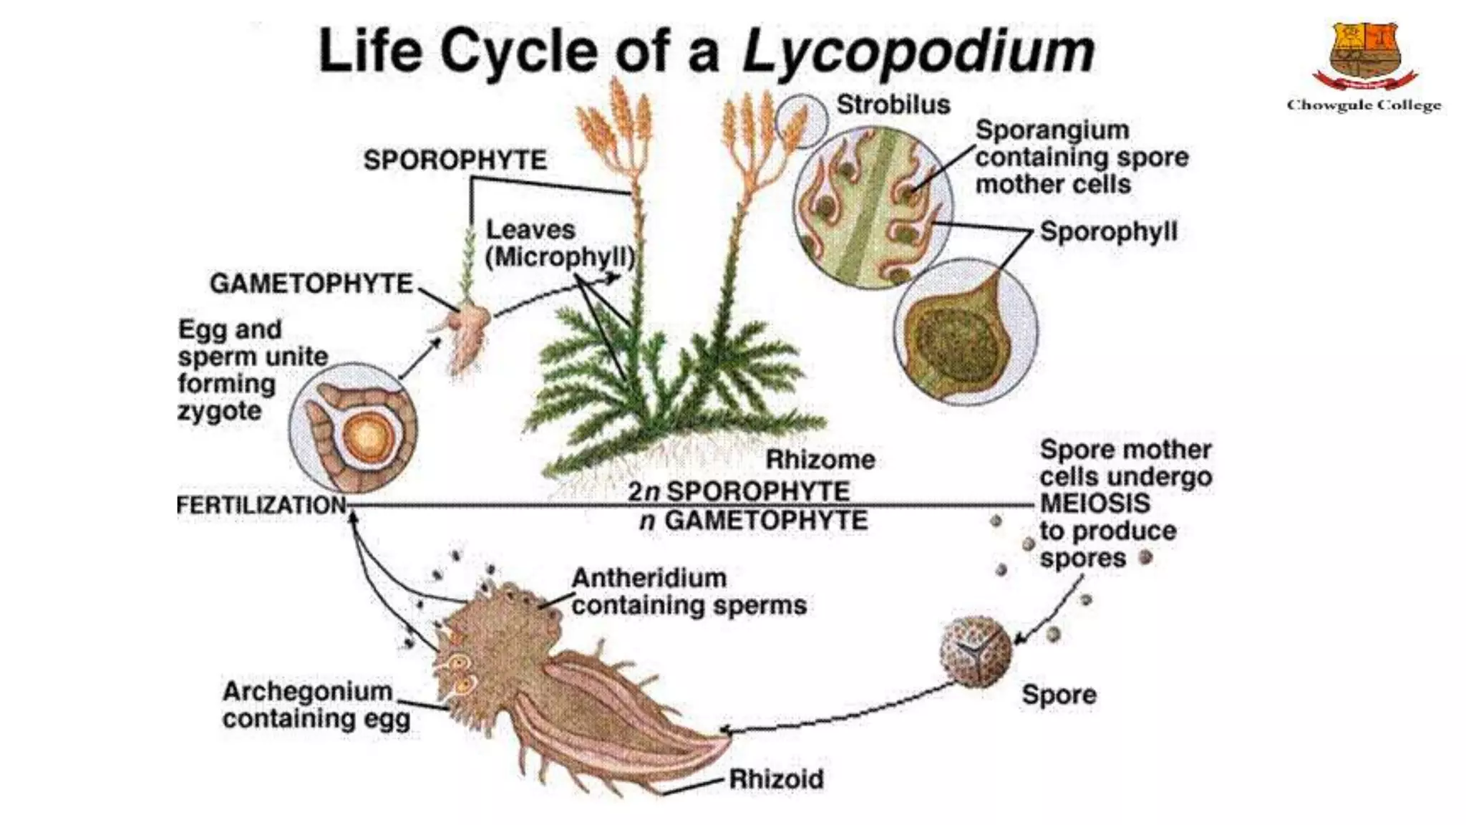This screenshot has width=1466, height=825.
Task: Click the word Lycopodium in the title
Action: pyautogui.click(x=918, y=52)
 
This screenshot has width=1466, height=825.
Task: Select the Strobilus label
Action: pyautogui.click(x=893, y=105)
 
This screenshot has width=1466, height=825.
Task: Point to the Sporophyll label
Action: pyautogui.click(x=1108, y=231)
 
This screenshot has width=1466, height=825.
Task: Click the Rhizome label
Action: pyautogui.click(x=820, y=459)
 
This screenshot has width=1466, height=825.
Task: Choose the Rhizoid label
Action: pyautogui.click(x=776, y=778)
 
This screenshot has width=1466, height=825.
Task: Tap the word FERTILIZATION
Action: pyautogui.click(x=261, y=505)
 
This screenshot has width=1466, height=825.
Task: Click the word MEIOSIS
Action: pyautogui.click(x=1094, y=503)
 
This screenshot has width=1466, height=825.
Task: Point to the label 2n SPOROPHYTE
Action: pyautogui.click(x=739, y=491)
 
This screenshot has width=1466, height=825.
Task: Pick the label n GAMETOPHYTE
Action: pyautogui.click(x=753, y=521)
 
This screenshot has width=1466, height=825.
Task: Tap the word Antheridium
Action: pyautogui.click(x=649, y=577)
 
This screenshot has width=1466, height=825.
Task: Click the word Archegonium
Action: pyautogui.click(x=307, y=691)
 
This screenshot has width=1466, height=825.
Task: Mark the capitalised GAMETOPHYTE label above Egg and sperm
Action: pyautogui.click(x=311, y=284)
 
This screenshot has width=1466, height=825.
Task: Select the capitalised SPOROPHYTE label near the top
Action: pyautogui.click(x=455, y=160)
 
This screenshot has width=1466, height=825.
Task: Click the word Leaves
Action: pyautogui.click(x=530, y=230)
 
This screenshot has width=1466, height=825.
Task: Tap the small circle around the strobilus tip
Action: pyautogui.click(x=802, y=121)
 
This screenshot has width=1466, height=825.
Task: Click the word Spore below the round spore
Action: pyautogui.click(x=1059, y=694)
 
